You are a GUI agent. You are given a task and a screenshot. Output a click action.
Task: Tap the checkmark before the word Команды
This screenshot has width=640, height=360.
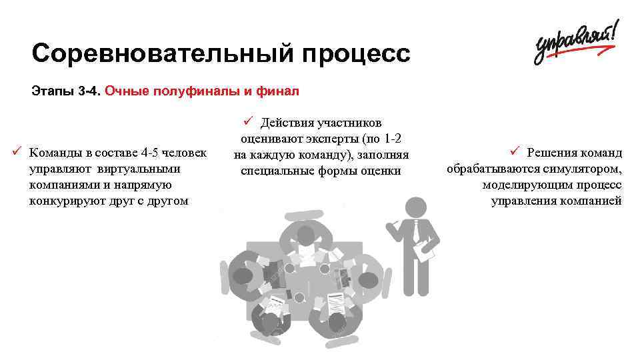point(18,149)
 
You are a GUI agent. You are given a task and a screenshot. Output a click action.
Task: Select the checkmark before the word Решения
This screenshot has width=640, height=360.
point(514,151)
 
